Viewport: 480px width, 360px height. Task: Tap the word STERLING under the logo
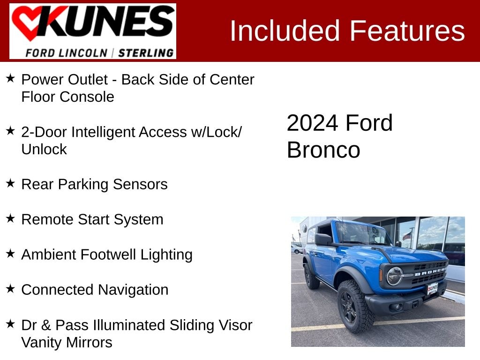point(146,53)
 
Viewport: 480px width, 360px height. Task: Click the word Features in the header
point(407,30)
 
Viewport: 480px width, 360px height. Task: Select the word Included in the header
point(285,30)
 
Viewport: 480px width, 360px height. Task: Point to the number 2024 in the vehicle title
point(312,123)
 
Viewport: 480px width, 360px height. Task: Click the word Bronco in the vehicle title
point(323,150)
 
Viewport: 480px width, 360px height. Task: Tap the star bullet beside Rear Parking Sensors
point(10,183)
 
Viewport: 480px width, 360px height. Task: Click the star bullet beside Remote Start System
point(10,218)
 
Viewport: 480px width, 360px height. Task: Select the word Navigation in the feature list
point(133,290)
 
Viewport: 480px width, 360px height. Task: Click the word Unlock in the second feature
point(44,150)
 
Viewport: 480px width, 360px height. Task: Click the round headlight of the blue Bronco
point(395,276)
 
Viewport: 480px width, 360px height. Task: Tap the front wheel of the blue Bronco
point(355,306)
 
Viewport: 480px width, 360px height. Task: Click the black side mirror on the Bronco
point(323,240)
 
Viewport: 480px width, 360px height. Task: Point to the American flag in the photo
point(407,235)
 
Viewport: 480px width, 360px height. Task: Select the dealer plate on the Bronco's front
point(433,289)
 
